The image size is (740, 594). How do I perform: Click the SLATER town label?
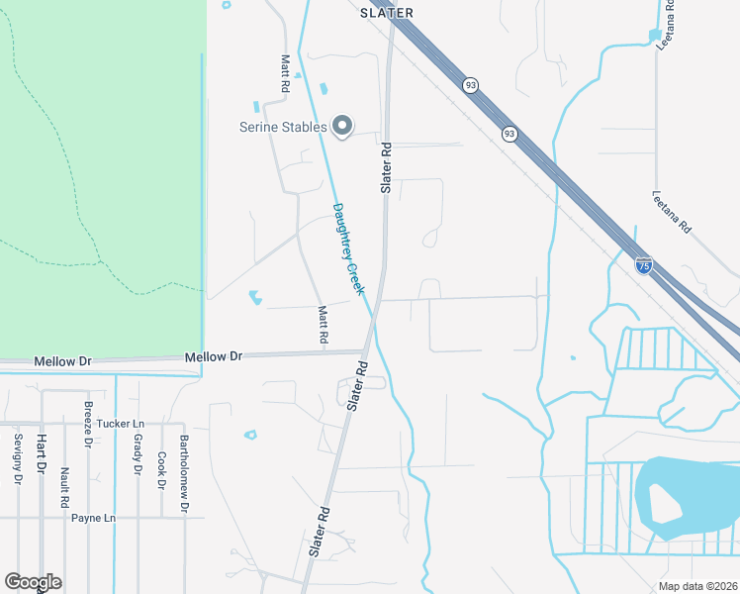pos(386,13)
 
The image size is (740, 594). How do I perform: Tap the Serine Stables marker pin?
pos(342,126)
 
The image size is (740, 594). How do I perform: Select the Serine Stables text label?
pos(283,127)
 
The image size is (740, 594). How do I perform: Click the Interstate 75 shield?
pos(644,264)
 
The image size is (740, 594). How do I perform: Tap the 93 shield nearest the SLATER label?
pos(470,86)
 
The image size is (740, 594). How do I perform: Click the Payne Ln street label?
pos(93,518)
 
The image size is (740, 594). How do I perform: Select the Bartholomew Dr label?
pos(184,474)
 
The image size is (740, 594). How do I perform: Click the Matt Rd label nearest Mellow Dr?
pos(323,325)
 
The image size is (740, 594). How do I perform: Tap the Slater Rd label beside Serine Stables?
pos(387,167)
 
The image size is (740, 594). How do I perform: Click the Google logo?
pos(33,582)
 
